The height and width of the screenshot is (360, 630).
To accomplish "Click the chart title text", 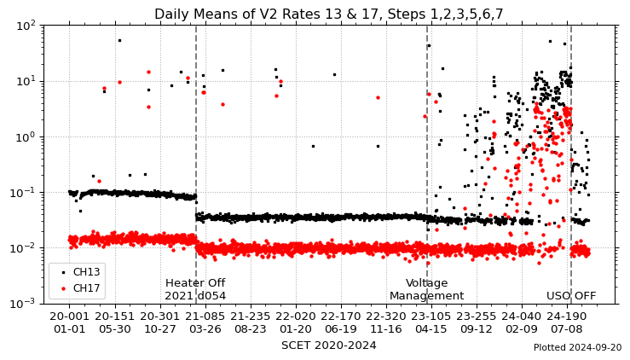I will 328,15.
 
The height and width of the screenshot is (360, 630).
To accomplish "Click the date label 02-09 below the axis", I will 521,328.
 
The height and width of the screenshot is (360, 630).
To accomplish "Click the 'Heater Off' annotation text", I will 195,283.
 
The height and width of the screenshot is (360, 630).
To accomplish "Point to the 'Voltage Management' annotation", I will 426,289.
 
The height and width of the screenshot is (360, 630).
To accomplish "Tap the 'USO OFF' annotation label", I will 571,296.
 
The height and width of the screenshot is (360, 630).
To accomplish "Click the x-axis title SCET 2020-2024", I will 328,345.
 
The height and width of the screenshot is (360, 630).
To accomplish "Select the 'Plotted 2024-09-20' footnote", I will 577,348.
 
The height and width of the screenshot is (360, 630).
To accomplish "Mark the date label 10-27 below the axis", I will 159,328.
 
